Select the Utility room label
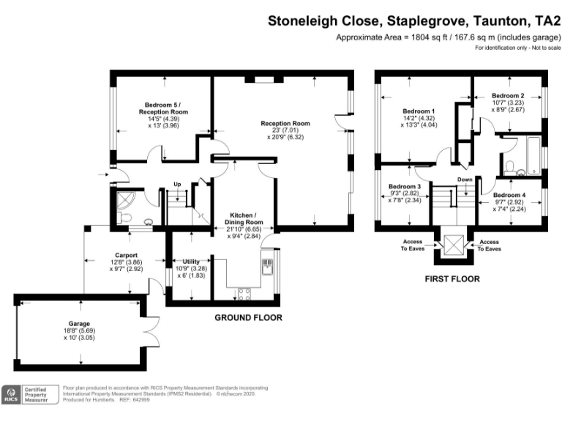point(181,262)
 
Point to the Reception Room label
point(285,123)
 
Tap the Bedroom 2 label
point(508,96)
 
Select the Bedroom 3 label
point(404,187)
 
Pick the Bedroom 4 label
point(508,195)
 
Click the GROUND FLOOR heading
point(248,317)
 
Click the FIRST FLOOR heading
point(452,278)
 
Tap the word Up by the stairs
point(177,184)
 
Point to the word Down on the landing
point(465,179)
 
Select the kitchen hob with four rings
point(244,295)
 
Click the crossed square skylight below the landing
point(453,245)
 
